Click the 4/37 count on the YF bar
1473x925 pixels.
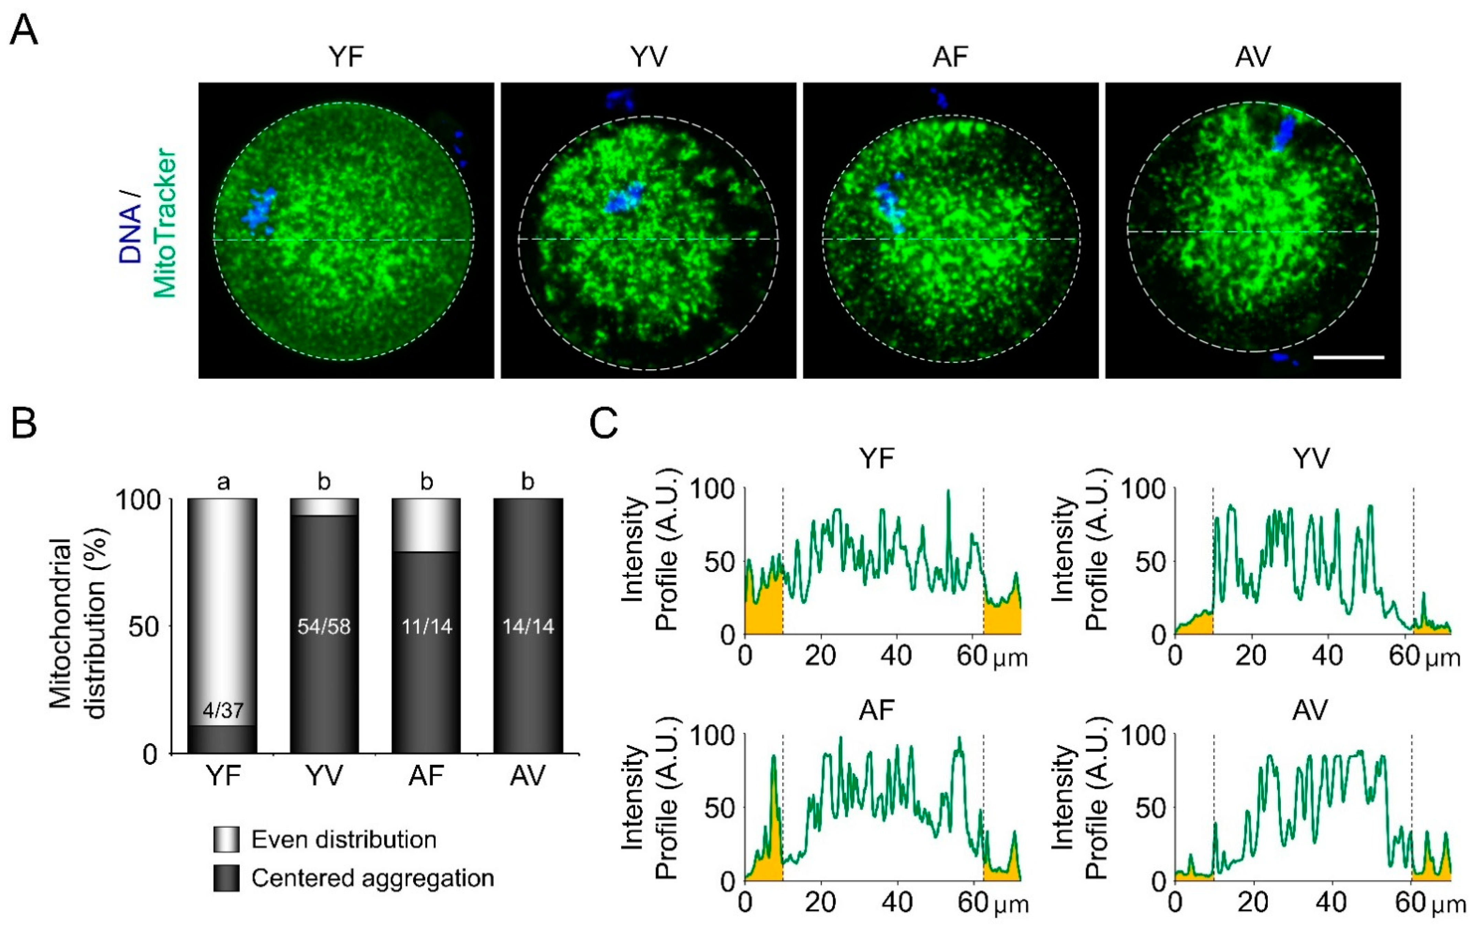223,710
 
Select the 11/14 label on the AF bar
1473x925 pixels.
426,627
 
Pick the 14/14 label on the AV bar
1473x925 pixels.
528,627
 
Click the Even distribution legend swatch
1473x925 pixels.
226,839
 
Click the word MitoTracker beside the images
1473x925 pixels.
165,223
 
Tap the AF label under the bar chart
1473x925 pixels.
426,776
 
